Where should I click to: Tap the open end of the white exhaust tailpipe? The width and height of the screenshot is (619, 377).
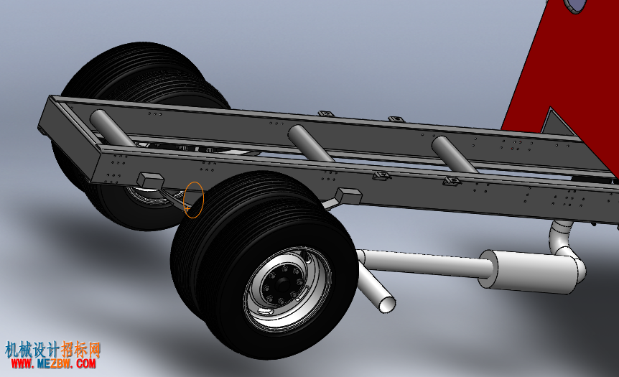pos(387,304)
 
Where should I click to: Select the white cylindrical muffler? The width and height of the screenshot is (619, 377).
pos(527,271)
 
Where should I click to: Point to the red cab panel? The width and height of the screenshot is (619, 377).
pos(569,71)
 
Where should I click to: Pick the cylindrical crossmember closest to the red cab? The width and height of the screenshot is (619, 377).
pos(454,154)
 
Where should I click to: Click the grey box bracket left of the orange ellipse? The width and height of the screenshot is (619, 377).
pos(150,180)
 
